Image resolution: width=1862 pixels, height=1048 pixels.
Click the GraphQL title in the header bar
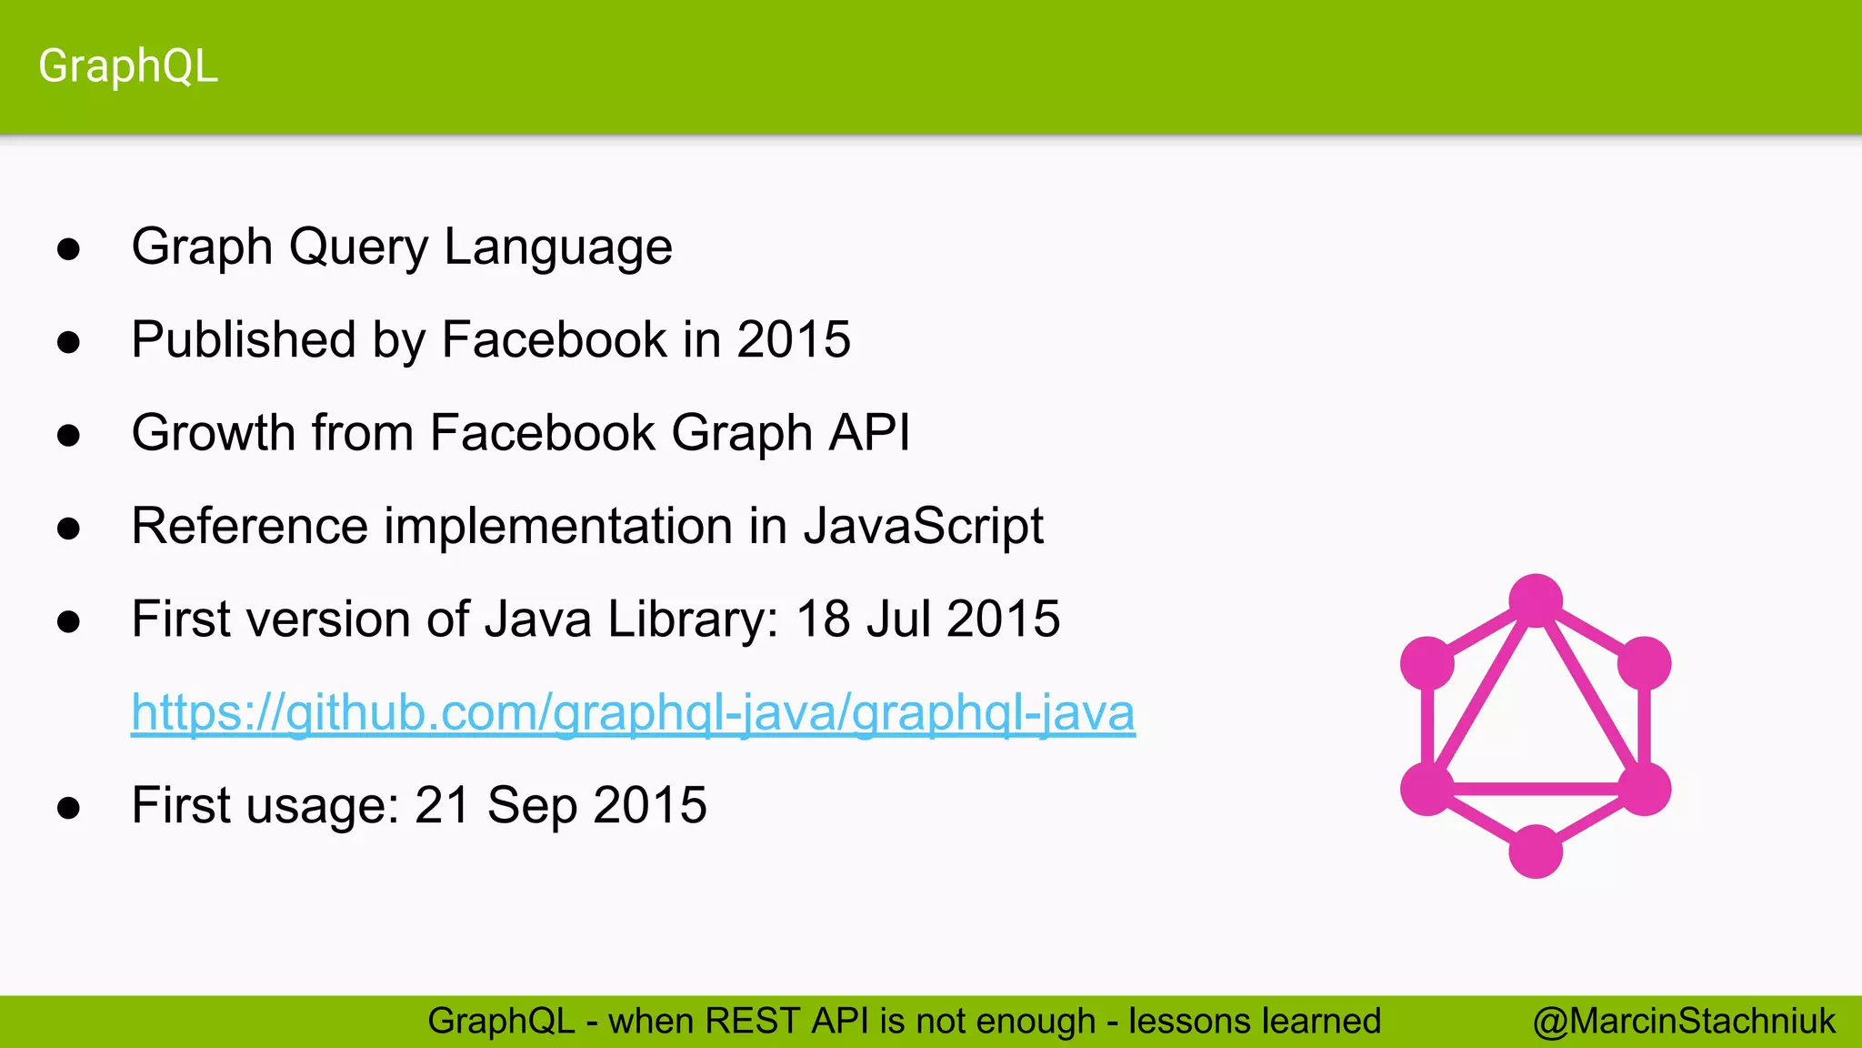(128, 66)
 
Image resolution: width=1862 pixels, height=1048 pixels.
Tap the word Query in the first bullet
(358, 247)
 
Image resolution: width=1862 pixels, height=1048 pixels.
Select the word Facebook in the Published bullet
(554, 340)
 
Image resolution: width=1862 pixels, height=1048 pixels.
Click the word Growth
(214, 432)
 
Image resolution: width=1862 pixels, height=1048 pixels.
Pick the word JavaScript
(923, 527)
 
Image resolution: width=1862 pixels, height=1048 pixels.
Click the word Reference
(249, 527)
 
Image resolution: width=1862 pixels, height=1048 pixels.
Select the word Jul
(898, 620)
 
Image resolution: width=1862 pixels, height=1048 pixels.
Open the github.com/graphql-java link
(633, 712)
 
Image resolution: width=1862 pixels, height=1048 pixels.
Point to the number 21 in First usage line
(442, 806)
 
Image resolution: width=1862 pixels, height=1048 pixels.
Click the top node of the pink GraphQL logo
(1536, 600)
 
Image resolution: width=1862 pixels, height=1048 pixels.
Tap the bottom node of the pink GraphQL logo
(1536, 851)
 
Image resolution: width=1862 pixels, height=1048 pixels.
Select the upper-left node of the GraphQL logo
(1427, 663)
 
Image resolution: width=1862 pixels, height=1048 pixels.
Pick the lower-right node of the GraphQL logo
(1644, 789)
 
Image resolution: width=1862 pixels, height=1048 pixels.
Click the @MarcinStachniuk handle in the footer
(1684, 1022)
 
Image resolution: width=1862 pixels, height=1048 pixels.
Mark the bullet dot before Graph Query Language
(68, 249)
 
